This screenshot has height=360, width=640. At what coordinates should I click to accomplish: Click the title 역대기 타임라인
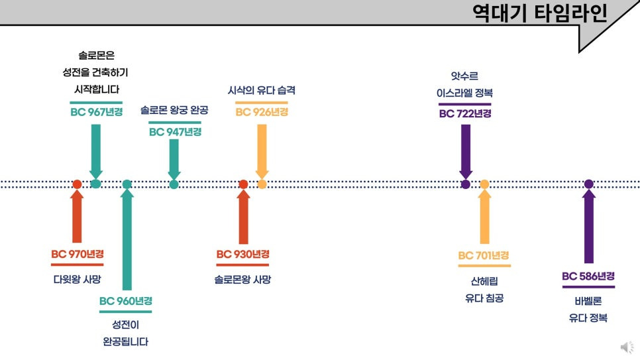pyautogui.click(x=539, y=13)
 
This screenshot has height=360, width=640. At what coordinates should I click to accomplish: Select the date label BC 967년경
pyautogui.click(x=96, y=112)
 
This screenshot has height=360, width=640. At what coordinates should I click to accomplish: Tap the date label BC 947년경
pyautogui.click(x=175, y=132)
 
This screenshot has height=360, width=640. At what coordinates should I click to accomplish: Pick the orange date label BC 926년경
pyautogui.click(x=262, y=112)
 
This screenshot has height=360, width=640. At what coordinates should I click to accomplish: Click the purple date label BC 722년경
pyautogui.click(x=465, y=113)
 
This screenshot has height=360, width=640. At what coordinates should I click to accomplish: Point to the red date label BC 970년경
pyautogui.click(x=78, y=255)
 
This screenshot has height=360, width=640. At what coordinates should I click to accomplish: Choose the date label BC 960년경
pyautogui.click(x=126, y=301)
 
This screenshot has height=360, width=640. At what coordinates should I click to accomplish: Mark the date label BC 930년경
pyautogui.click(x=242, y=255)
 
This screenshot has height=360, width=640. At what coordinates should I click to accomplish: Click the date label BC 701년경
pyautogui.click(x=484, y=256)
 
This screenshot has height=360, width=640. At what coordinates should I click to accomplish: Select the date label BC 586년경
pyautogui.click(x=588, y=276)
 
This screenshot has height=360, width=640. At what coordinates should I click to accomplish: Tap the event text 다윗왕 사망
pyautogui.click(x=78, y=279)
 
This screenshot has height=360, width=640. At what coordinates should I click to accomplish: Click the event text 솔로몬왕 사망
pyautogui.click(x=242, y=279)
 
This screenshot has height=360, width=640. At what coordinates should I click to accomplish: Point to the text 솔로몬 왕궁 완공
pyautogui.click(x=174, y=110)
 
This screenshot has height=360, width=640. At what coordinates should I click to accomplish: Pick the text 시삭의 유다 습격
pyautogui.click(x=261, y=91)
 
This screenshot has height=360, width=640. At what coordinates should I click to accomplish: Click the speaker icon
pyautogui.click(x=626, y=347)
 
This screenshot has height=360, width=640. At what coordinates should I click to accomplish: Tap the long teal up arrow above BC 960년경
pyautogui.click(x=127, y=239)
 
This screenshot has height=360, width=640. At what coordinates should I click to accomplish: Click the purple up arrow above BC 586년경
pyautogui.click(x=588, y=225)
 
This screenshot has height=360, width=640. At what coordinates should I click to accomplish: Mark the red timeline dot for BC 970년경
pyautogui.click(x=78, y=184)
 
